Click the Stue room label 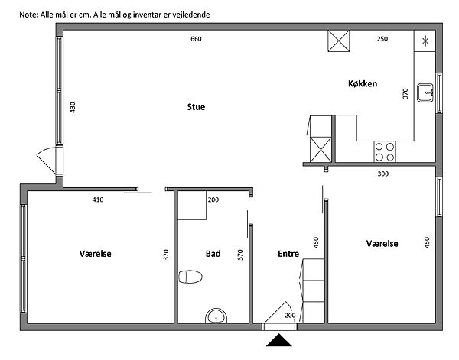196,107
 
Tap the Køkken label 363,83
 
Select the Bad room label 213,254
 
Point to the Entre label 288,254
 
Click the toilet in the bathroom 190,277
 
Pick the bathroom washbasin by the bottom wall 216,316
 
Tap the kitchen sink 425,92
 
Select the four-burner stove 385,152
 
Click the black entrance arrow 279,340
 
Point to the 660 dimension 196,39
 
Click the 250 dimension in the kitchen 382,39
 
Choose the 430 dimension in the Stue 73,107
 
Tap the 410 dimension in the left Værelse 98,199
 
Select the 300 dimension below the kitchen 383,174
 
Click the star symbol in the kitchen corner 425,41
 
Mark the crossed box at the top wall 339,41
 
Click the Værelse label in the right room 382,244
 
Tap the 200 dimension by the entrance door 290,315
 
